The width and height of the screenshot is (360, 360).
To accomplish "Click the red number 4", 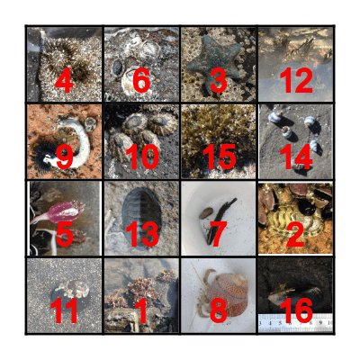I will (63, 80).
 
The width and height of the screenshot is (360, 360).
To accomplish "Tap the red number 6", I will (140, 80).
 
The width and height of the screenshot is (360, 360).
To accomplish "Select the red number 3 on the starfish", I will (218, 80).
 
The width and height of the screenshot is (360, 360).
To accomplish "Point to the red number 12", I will (295, 80).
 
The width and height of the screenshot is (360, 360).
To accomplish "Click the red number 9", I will (63, 157).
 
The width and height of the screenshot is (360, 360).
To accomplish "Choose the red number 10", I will (140, 157).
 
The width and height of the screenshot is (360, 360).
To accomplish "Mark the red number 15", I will (218, 157).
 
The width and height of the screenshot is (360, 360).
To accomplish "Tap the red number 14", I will (295, 157).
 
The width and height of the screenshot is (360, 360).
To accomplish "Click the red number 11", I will (63, 311).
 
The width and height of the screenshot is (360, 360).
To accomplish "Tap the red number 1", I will (140, 311).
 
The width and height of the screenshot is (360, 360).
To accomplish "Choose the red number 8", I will (218, 311).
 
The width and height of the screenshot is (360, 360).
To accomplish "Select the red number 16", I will (295, 311).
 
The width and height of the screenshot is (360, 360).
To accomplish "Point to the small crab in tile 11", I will (68, 288).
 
